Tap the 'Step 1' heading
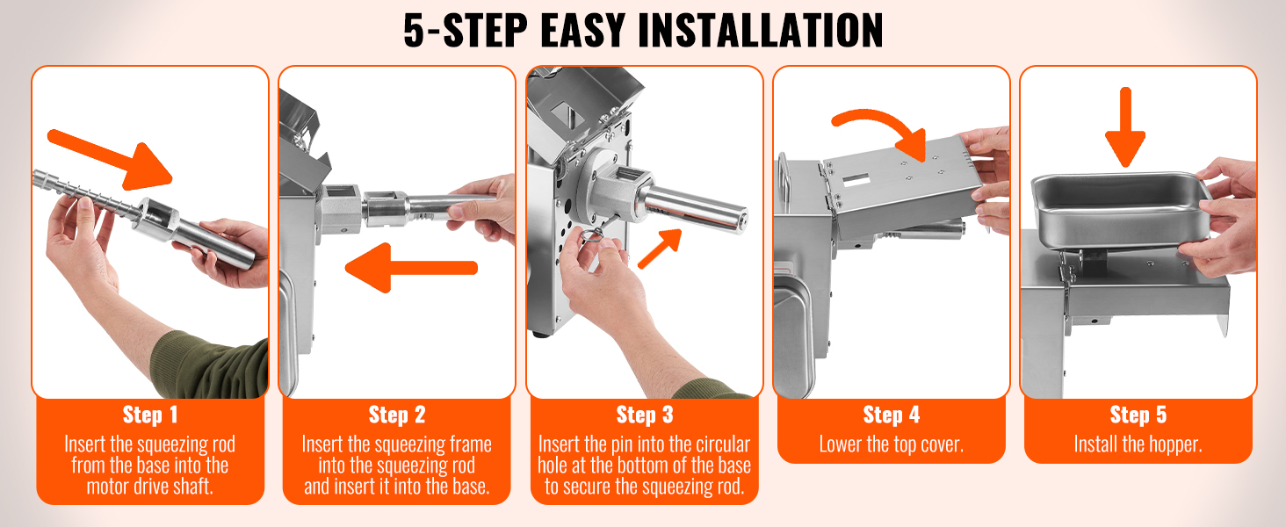pyautogui.click(x=150, y=415)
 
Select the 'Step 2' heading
pyautogui.click(x=397, y=415)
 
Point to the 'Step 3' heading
pyautogui.click(x=645, y=415)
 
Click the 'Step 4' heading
pyautogui.click(x=892, y=415)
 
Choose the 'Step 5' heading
pyautogui.click(x=1138, y=415)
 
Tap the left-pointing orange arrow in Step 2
pyautogui.click(x=411, y=268)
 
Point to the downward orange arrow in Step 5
pyautogui.click(x=1125, y=127)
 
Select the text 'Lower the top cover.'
pyautogui.click(x=892, y=444)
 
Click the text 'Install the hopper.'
pyautogui.click(x=1138, y=444)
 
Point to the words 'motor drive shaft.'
pyautogui.click(x=150, y=487)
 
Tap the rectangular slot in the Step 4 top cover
pyautogui.click(x=856, y=180)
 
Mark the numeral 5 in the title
pyautogui.click(x=415, y=30)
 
